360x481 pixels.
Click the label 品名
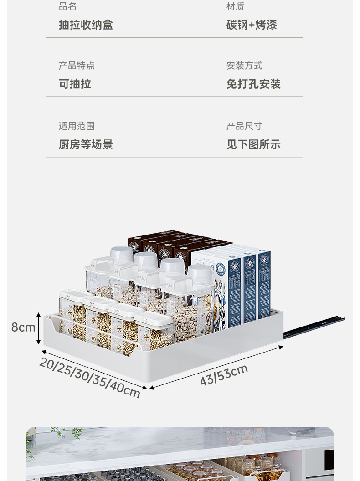click(67, 6)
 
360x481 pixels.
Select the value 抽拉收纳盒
click(86, 25)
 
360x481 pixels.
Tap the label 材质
click(235, 6)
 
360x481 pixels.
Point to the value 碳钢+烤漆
click(252, 25)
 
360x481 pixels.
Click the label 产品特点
click(77, 66)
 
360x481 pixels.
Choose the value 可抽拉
click(75, 84)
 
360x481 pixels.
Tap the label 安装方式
click(244, 66)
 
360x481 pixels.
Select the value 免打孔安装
click(253, 84)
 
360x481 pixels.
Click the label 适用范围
click(77, 126)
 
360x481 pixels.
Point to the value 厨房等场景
click(86, 145)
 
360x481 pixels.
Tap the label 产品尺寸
click(244, 126)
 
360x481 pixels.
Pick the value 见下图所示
click(253, 145)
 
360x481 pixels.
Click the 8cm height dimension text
click(23, 327)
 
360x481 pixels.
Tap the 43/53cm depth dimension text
click(224, 375)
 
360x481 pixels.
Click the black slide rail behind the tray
click(314, 327)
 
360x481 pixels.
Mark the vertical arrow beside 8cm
click(39, 327)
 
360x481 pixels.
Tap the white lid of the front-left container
click(74, 295)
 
